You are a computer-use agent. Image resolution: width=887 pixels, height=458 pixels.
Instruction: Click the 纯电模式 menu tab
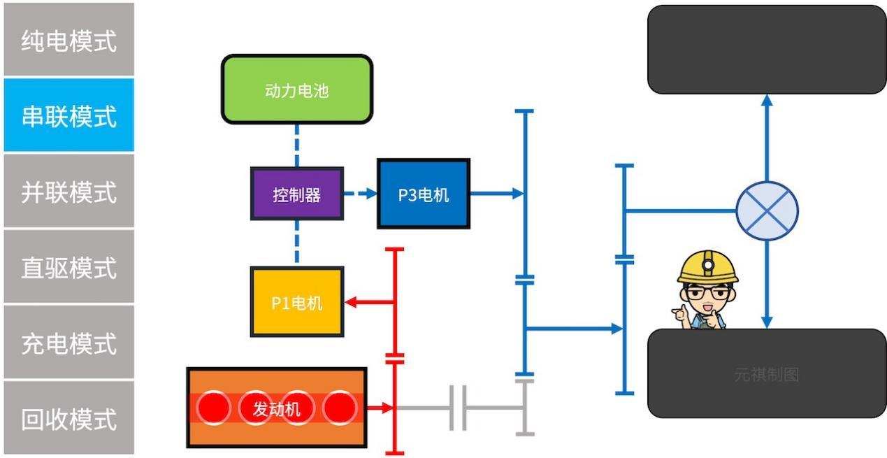tap(68, 40)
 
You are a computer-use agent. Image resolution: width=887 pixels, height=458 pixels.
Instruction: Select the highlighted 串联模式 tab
tap(68, 115)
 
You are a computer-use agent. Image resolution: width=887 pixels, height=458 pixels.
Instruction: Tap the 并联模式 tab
tap(68, 191)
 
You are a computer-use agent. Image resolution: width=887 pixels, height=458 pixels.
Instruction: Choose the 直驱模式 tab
tap(68, 267)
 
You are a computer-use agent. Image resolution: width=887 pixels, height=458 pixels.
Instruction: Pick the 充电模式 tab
tap(68, 343)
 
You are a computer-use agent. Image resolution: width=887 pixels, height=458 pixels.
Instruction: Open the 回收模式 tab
tap(68, 419)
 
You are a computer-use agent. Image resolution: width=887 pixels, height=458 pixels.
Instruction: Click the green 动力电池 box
tap(297, 90)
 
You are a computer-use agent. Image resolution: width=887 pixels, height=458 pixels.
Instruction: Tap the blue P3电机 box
tap(424, 194)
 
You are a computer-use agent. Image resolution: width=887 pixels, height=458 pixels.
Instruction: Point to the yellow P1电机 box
tap(297, 302)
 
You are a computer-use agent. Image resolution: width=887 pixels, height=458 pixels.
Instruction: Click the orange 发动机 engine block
tap(277, 408)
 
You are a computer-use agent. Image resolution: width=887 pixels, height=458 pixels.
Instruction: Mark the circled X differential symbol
tap(767, 210)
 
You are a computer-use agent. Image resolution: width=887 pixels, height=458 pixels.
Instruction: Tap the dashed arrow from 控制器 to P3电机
tap(361, 194)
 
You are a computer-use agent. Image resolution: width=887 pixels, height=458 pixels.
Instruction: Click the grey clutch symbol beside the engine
tap(459, 408)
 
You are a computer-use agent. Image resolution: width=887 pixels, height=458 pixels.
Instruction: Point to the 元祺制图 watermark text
tap(766, 375)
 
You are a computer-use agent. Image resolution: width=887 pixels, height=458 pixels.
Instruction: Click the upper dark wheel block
tap(767, 49)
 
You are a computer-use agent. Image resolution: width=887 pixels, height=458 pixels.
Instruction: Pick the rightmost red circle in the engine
tap(340, 408)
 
